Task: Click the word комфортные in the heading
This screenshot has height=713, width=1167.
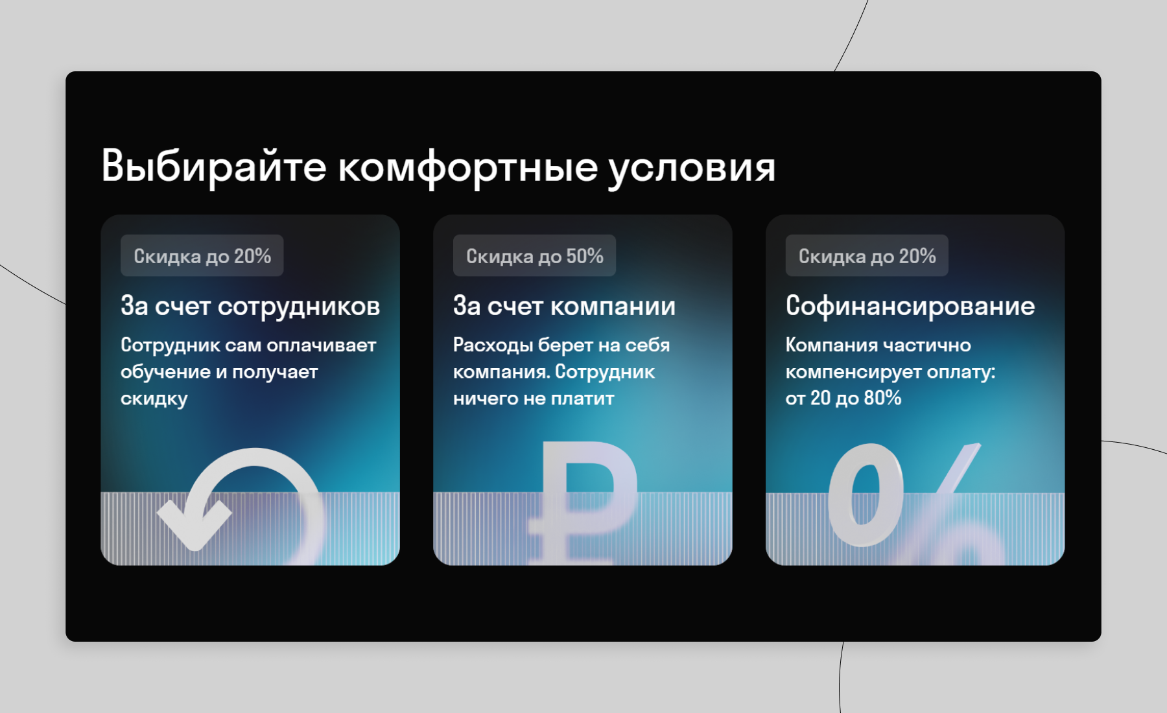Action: tap(467, 167)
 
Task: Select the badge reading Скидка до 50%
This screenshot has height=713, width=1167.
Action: tap(534, 255)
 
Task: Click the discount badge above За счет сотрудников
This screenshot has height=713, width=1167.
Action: tap(202, 255)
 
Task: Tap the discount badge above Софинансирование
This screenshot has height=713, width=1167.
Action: tap(867, 255)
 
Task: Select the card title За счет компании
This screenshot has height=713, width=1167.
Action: tap(564, 306)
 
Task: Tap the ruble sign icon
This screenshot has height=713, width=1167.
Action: tap(583, 503)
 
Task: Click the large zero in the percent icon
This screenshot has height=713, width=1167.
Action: tap(866, 495)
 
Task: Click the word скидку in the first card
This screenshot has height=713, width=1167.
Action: tap(154, 399)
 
